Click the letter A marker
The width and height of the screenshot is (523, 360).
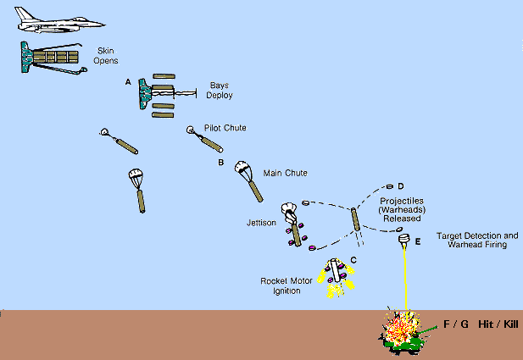point(128,81)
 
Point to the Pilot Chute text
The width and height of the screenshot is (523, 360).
point(225,128)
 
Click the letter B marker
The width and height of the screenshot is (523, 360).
point(220,162)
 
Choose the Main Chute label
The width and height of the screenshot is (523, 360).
point(286,173)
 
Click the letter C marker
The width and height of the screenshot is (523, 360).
point(353,259)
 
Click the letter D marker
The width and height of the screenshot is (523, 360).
point(400,186)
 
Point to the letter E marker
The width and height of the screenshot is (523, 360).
point(417,242)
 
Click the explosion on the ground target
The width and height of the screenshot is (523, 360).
point(399,327)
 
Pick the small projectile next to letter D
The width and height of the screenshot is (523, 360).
point(390,186)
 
